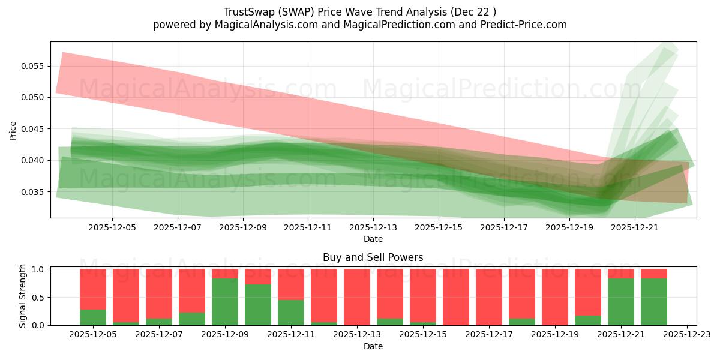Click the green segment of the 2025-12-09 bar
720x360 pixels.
click(x=225, y=302)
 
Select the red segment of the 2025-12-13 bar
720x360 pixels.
click(x=356, y=296)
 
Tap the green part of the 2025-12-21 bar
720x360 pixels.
click(x=621, y=302)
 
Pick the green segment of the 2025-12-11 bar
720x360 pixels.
click(x=291, y=313)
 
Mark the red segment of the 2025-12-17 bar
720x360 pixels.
click(x=488, y=296)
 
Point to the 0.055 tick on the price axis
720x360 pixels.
click(x=35, y=66)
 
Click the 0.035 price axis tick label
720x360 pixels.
click(x=35, y=192)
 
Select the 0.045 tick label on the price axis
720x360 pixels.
click(x=35, y=129)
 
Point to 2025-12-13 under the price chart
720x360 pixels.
click(x=373, y=228)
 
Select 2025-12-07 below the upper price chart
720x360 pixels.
click(x=178, y=228)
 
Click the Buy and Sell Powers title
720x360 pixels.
click(x=373, y=257)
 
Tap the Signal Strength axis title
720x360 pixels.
click(x=22, y=296)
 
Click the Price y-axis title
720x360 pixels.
click(x=13, y=130)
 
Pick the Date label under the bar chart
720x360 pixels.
click(x=373, y=346)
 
